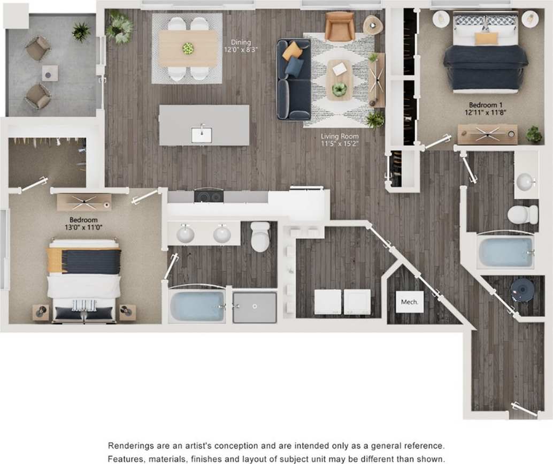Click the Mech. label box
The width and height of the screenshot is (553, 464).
(x=409, y=302)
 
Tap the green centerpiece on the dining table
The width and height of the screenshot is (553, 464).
(x=188, y=48)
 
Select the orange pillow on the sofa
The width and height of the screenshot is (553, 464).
(x=292, y=51)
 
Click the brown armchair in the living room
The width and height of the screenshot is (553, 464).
(x=340, y=27)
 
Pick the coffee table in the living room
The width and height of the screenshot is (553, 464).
(x=339, y=79)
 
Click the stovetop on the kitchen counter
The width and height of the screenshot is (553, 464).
(x=209, y=196)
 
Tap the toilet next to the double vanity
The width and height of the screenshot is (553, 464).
(x=260, y=237)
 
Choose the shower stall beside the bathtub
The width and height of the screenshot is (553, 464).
(x=255, y=307)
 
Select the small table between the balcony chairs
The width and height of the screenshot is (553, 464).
(x=50, y=73)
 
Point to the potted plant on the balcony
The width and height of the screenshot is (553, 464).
(x=81, y=32)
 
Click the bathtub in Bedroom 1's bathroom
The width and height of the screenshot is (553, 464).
(x=505, y=252)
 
